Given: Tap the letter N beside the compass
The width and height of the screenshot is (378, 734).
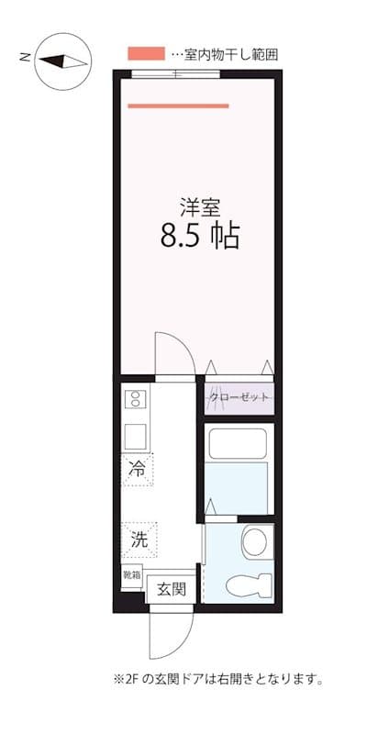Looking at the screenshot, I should click(24, 58).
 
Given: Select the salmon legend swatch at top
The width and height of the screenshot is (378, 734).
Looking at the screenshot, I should click(146, 54).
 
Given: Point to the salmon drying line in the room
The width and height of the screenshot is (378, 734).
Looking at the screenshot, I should click(178, 106).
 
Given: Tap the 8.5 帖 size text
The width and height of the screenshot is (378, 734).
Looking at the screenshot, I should click(200, 236).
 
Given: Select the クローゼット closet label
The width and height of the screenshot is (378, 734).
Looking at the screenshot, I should click(239, 397).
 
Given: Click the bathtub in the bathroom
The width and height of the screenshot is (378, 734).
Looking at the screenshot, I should click(238, 445).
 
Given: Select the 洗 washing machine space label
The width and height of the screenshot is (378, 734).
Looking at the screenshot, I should click(139, 539).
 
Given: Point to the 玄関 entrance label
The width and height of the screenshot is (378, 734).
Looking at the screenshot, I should click(172, 588).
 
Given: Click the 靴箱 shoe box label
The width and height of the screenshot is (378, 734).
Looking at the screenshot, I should click(132, 575).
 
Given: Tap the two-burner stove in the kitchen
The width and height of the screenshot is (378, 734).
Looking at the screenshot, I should click(135, 398).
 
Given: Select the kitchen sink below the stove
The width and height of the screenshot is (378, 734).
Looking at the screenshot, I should click(135, 433).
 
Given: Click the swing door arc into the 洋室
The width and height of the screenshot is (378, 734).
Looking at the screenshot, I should click(172, 353).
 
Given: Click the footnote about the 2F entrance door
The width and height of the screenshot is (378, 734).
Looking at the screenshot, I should click(218, 680).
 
